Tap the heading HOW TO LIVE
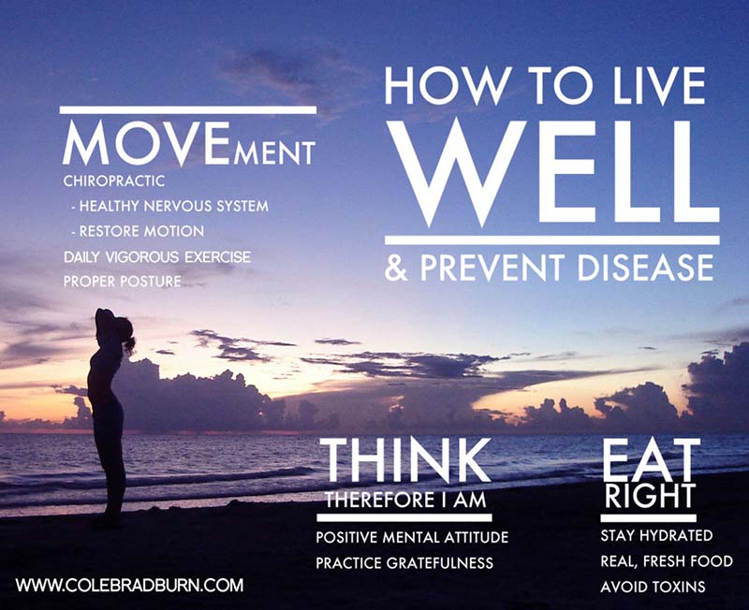pos(545,86)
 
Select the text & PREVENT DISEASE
pos(550,268)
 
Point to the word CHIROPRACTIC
pos(114,180)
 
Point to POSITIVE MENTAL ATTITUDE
pos(412,538)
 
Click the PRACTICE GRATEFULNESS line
pos(404,563)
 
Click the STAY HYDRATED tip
pos(656,536)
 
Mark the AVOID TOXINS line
pos(653,588)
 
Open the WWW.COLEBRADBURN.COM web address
pos(129,586)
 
